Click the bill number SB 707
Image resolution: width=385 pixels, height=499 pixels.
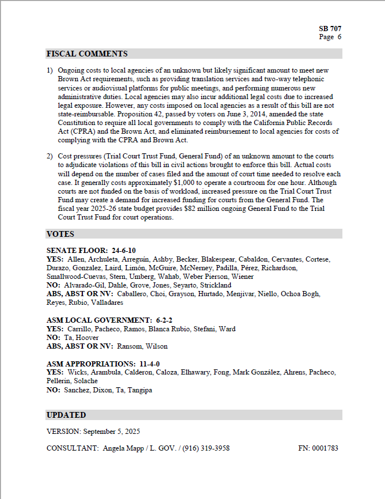coord(330,28)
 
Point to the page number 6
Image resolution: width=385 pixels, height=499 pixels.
coord(340,37)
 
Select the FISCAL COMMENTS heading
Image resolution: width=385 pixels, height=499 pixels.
coord(87,54)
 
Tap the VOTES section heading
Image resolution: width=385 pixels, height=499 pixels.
coord(60,234)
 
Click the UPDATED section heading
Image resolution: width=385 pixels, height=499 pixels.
coord(66,415)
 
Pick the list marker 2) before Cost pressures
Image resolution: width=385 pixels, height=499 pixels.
coord(49,157)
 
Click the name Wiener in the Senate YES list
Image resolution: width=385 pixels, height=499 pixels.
coord(242,277)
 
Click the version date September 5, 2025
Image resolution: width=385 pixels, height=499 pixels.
coord(112,431)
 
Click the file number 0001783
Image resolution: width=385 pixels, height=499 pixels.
coord(325,448)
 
